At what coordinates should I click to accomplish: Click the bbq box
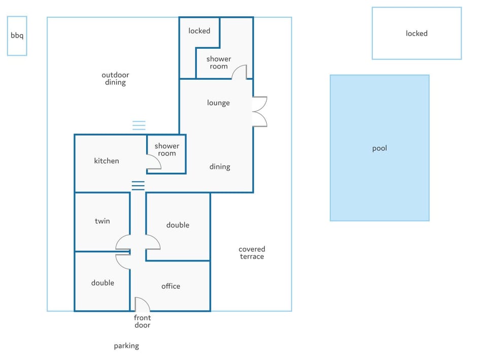click(17, 36)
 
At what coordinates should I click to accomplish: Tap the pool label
click(379, 148)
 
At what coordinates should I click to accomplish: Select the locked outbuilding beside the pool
click(417, 34)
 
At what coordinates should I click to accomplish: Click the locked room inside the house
click(199, 31)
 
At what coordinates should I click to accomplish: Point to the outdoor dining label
click(115, 79)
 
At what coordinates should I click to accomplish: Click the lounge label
click(218, 103)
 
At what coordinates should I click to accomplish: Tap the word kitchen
click(107, 161)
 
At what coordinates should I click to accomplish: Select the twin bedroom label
click(102, 221)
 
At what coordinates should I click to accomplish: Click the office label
click(170, 286)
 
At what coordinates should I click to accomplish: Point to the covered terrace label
click(252, 253)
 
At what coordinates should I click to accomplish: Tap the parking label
click(126, 346)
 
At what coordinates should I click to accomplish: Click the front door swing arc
click(146, 301)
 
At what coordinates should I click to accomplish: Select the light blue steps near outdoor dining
click(139, 125)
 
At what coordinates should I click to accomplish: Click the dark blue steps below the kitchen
click(138, 185)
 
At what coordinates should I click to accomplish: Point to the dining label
click(220, 167)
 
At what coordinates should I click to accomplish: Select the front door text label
click(142, 321)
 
